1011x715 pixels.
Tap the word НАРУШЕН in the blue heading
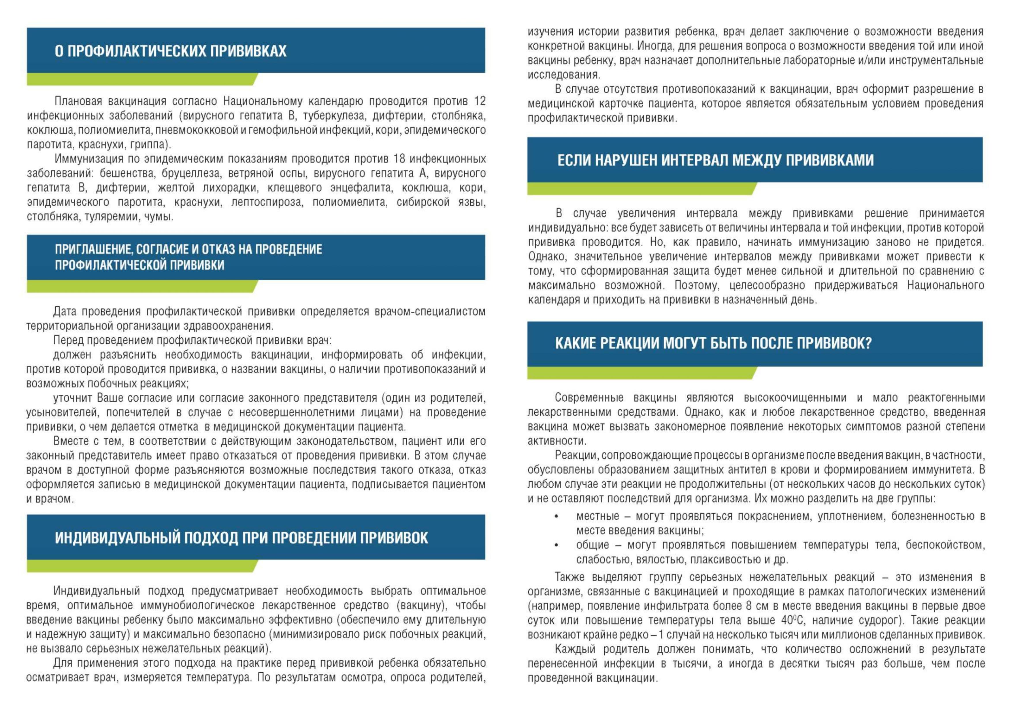(625, 160)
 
